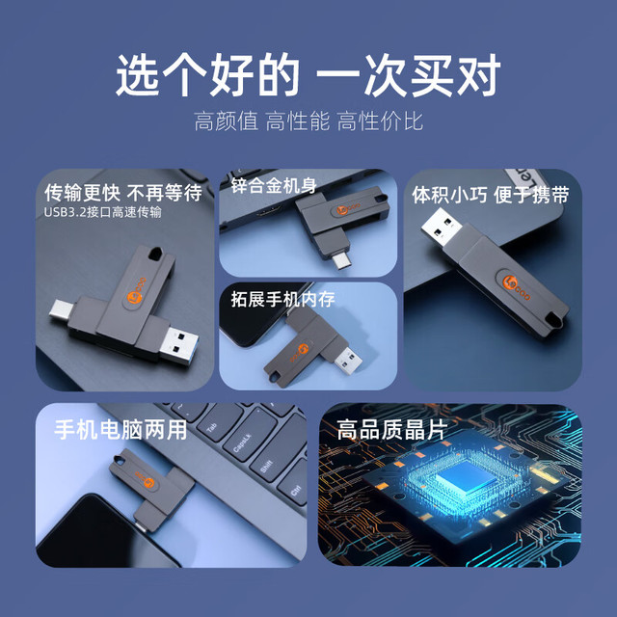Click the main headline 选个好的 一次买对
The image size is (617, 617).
pyautogui.click(x=308, y=75)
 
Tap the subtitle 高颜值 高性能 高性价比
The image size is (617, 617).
pyautogui.click(x=308, y=121)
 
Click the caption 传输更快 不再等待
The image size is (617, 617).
pyautogui.click(x=123, y=193)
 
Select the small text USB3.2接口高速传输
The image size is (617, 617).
pyautogui.click(x=102, y=212)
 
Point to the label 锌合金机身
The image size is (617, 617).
pyautogui.click(x=274, y=185)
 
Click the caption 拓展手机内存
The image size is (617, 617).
pyautogui.click(x=282, y=300)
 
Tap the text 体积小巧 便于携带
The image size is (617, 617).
pyautogui.click(x=491, y=195)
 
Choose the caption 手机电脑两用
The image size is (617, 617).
pyautogui.click(x=121, y=429)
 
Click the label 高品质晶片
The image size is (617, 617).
pyautogui.click(x=392, y=429)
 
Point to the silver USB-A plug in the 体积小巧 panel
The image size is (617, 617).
pyautogui.click(x=442, y=228)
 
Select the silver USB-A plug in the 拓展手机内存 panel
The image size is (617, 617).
pyautogui.click(x=348, y=361)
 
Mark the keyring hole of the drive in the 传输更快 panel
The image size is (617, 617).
pyautogui.click(x=156, y=253)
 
